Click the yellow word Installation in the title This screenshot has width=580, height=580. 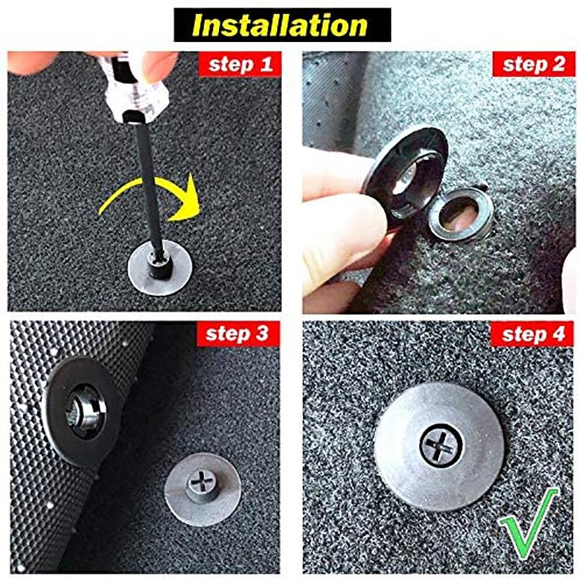tap(280, 25)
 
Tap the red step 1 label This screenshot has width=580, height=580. tap(240, 65)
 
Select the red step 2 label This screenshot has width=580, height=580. tap(534, 65)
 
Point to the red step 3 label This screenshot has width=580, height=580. tap(238, 333)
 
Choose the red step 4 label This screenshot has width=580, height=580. tap(533, 334)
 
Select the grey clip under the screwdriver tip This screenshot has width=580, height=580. tap(159, 267)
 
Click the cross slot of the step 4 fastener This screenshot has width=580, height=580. tap(441, 445)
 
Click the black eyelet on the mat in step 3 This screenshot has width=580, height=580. tap(83, 410)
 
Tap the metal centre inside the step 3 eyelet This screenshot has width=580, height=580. tap(83, 411)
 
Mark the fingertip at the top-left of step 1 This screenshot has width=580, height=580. tap(31, 62)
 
